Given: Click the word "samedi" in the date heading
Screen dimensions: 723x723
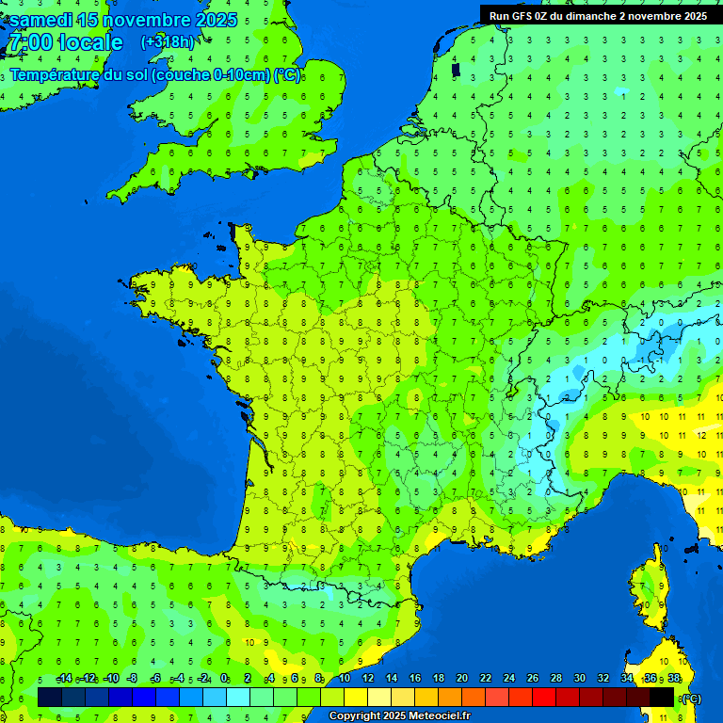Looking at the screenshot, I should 40,20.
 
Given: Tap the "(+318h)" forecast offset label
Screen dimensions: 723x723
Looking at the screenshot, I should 168,42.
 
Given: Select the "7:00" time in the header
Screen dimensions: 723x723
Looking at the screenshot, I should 29,43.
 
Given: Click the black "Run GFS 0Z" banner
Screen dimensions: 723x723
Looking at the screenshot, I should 599,15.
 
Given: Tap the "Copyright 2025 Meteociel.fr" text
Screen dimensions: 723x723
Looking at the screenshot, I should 399,716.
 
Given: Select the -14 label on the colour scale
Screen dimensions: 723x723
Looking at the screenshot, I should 64,679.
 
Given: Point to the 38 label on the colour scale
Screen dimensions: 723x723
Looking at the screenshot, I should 673,679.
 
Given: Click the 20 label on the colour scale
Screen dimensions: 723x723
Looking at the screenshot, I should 462,679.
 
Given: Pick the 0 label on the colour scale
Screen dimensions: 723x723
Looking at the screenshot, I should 224,679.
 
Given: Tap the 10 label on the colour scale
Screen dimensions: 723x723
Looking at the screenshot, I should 345,679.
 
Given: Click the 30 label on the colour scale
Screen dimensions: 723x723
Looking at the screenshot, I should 580,679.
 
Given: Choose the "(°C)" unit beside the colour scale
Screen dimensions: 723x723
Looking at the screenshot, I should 691,699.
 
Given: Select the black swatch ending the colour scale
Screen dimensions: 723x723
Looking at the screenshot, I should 662,698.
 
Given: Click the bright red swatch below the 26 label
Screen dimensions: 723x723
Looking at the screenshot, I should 544,698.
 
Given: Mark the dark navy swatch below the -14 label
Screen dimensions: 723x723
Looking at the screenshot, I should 51,698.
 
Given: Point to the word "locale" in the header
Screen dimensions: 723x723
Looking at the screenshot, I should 90,43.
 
